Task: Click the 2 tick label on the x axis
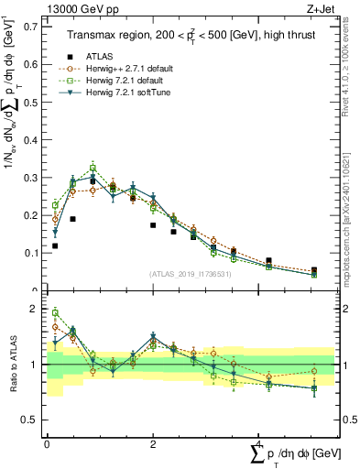[153, 443]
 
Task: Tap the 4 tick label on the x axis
[259, 443]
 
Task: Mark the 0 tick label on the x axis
[47, 443]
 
